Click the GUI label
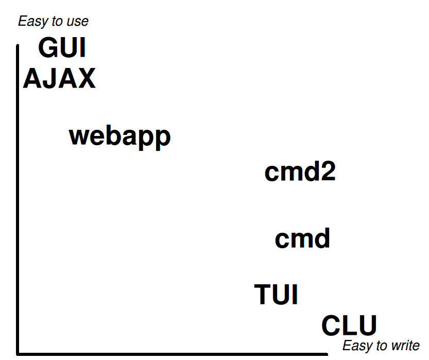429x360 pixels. coord(62,48)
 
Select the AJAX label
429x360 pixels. coord(59,79)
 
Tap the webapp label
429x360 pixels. coord(119,136)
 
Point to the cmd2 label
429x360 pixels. coord(300,172)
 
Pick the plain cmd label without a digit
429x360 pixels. coord(302,239)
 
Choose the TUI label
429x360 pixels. coord(277,295)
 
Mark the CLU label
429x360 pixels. coord(349,326)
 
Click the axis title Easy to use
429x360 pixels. coord(53,21)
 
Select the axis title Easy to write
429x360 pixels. coord(381,346)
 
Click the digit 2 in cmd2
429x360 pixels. coord(327,172)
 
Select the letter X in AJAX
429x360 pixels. coord(86,79)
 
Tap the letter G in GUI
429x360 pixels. coord(48,48)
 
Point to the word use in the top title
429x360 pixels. coord(78,22)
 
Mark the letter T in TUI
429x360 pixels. coord(263,295)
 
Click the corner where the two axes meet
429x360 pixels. coord(19,353)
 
